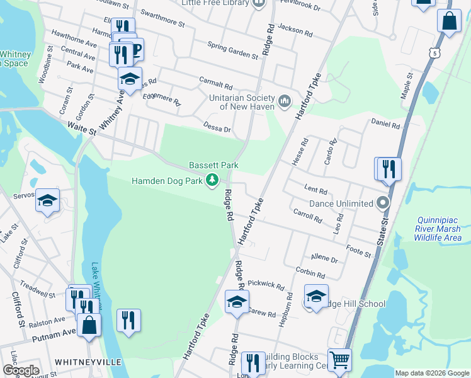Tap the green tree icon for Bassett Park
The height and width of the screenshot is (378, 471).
(x=213, y=181)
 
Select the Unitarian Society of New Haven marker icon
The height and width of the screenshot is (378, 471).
(x=284, y=101)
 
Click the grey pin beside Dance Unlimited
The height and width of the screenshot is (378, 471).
(x=382, y=203)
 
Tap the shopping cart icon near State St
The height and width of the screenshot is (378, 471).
(x=339, y=360)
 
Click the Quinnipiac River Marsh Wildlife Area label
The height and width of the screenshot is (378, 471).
(x=439, y=229)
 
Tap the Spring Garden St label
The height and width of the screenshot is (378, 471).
(x=233, y=50)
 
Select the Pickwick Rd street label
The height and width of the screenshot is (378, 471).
(x=266, y=285)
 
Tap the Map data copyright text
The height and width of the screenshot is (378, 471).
(x=431, y=373)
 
